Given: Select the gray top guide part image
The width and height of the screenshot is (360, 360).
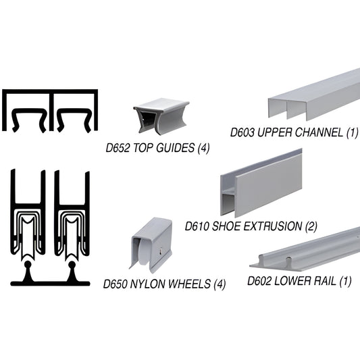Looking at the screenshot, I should coord(161,118).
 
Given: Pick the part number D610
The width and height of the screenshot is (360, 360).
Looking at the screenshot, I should coord(199,226).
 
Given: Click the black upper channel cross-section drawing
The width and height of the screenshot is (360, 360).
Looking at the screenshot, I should coord(51,110).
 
